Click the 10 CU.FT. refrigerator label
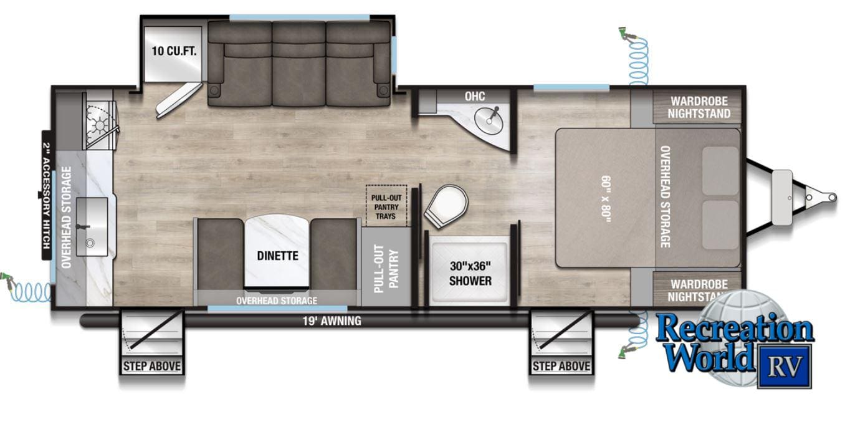(x=174, y=51)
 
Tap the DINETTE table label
(x=278, y=256)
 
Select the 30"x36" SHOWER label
(x=470, y=273)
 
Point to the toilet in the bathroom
(x=446, y=206)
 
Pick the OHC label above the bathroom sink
(x=475, y=96)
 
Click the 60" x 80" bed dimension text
(x=606, y=199)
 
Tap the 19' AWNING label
(x=332, y=321)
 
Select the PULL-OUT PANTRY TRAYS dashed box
(x=386, y=206)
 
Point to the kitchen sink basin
(x=92, y=226)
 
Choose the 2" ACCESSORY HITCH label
(x=46, y=195)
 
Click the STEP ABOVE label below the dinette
(x=151, y=366)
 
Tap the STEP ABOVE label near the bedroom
(x=561, y=366)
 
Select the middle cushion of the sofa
(x=298, y=64)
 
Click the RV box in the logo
(x=785, y=366)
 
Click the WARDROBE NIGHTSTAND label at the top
(x=699, y=107)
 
